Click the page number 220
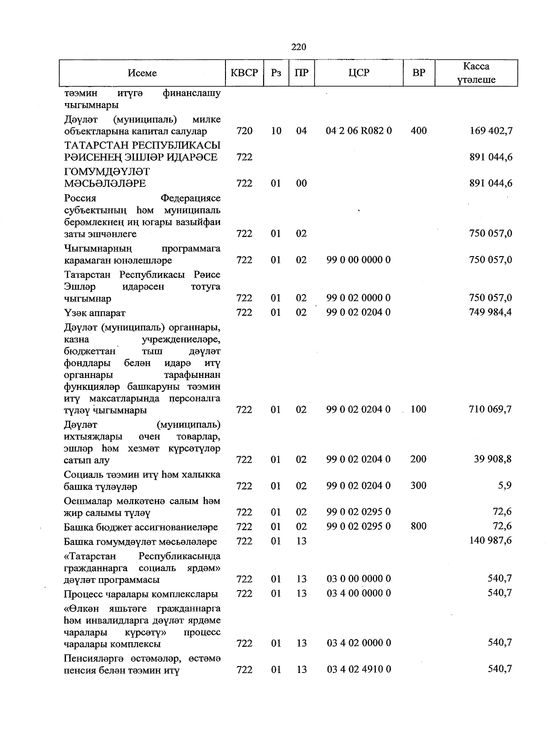(x=298, y=47)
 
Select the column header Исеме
(x=142, y=73)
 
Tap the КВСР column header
(x=244, y=73)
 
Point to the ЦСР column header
(x=358, y=73)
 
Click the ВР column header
(x=418, y=73)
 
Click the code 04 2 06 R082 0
(x=359, y=131)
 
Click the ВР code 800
(x=418, y=526)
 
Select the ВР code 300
(x=418, y=486)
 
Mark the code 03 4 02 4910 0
(x=359, y=669)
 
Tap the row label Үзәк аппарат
(x=95, y=313)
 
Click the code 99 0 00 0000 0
(x=358, y=260)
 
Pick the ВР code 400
(x=418, y=131)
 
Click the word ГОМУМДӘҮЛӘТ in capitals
(x=107, y=172)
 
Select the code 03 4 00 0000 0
(x=359, y=594)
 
